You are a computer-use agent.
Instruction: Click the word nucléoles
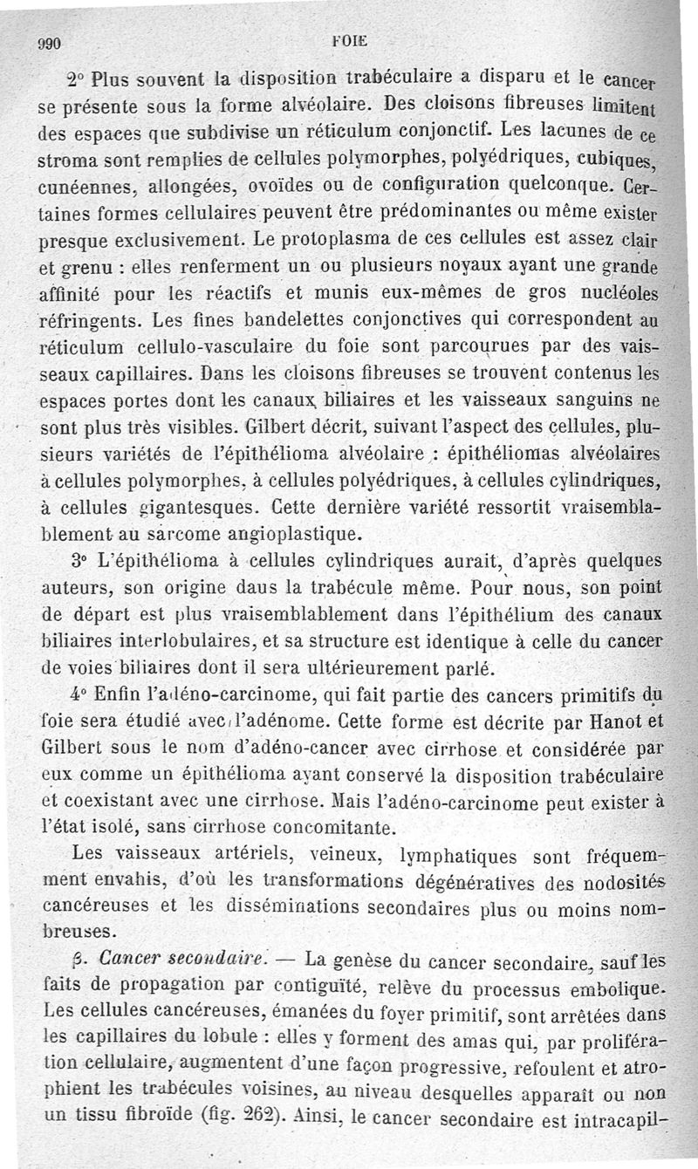coord(618,292)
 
